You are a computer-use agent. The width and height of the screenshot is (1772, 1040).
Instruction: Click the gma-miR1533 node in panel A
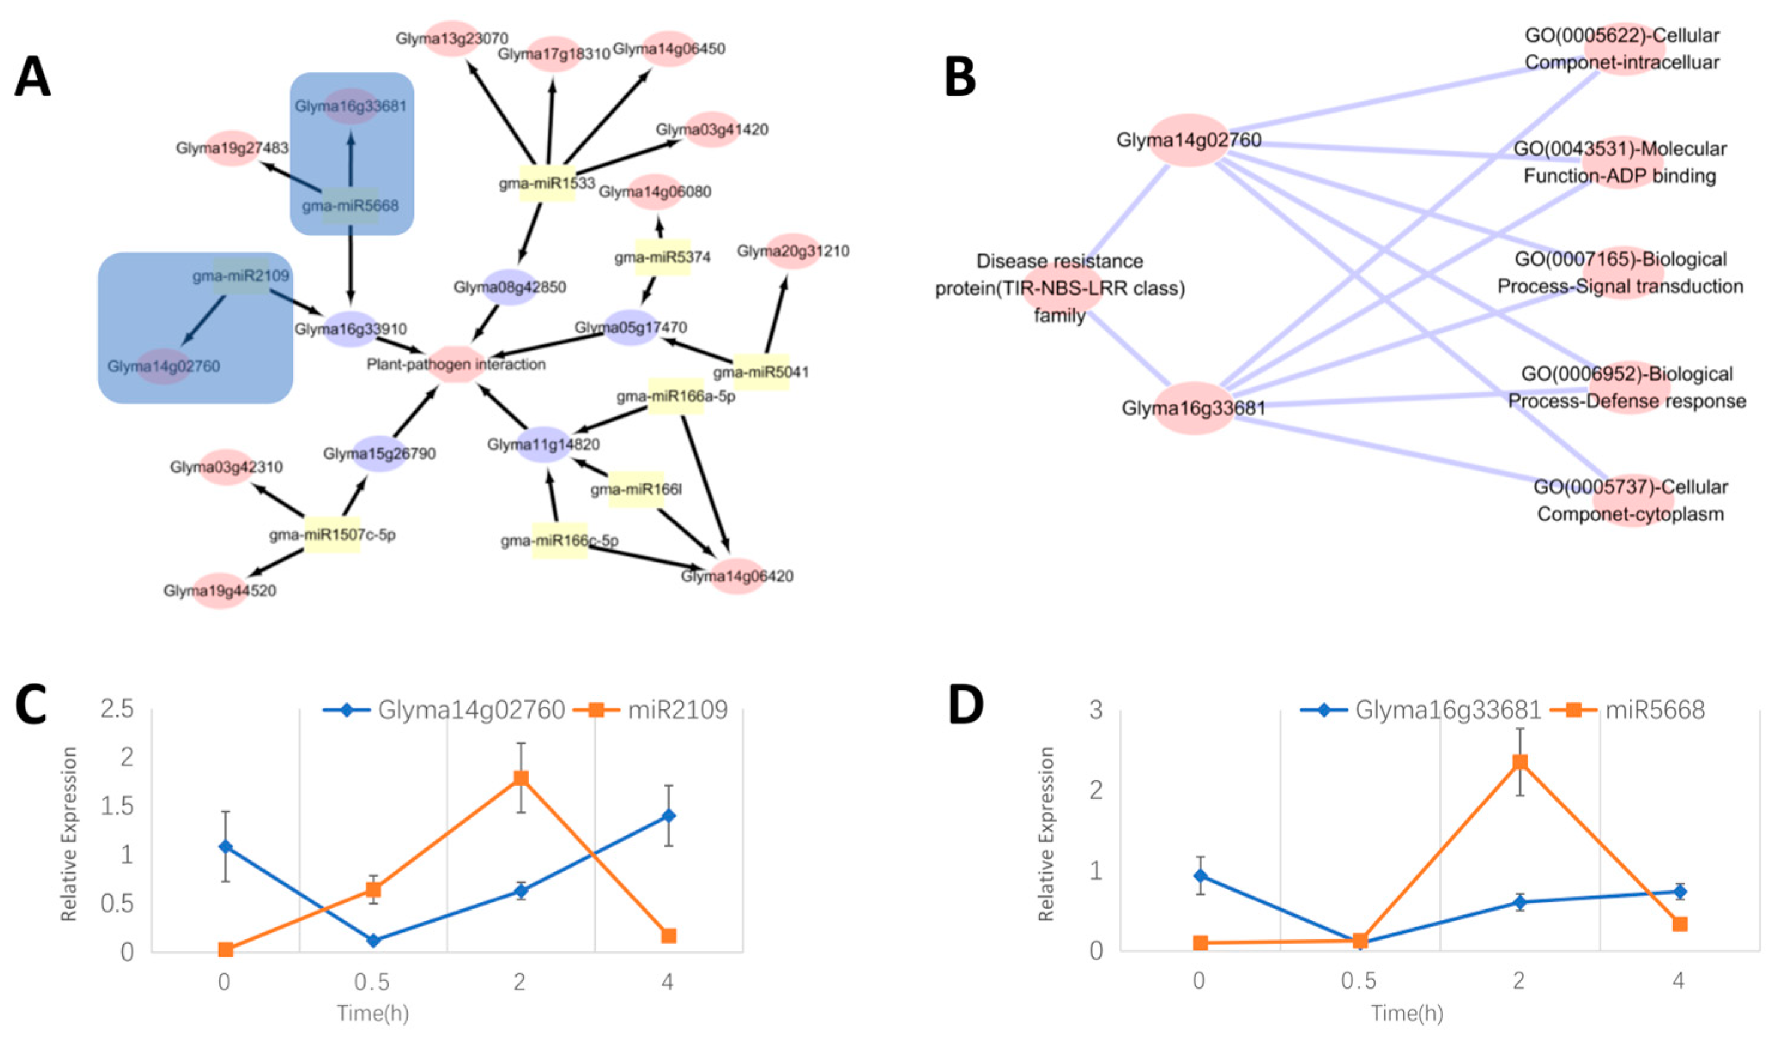click(547, 183)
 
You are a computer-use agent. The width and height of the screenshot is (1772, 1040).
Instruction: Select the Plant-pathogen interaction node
click(456, 363)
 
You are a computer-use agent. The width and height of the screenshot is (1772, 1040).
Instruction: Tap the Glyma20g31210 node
click(793, 251)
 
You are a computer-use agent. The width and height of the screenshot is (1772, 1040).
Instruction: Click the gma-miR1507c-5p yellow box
click(332, 535)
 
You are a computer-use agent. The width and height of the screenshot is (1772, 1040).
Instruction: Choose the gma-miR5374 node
click(662, 257)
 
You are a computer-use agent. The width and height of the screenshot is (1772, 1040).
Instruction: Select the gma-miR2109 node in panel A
click(241, 275)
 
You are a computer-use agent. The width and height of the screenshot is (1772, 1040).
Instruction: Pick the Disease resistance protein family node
click(1060, 289)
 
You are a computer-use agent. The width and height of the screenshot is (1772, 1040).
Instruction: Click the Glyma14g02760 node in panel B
click(1188, 140)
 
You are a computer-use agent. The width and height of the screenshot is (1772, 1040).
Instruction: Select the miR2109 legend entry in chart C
click(651, 710)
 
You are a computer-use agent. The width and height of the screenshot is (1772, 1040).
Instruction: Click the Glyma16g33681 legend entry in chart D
click(1421, 710)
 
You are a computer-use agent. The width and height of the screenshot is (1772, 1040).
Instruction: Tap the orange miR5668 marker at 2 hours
click(1519, 762)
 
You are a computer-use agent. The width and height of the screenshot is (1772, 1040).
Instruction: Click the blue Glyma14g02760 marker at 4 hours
click(669, 815)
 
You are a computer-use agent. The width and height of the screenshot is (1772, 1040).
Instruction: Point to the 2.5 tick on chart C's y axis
click(117, 709)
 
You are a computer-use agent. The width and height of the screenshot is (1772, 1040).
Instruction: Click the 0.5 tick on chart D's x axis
click(1358, 981)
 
